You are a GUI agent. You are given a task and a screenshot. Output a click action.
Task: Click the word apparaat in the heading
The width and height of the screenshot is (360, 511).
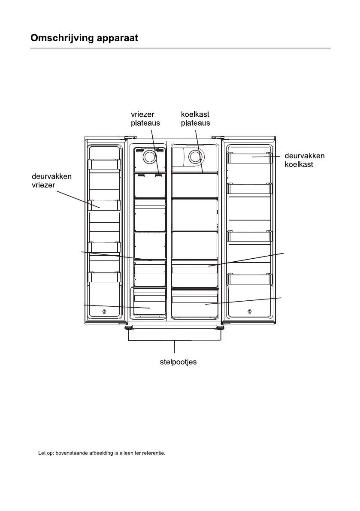point(116,38)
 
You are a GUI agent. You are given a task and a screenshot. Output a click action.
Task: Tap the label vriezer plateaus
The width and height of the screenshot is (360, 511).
point(145,118)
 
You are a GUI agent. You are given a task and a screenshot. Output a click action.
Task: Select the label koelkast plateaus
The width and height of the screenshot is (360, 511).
point(195,118)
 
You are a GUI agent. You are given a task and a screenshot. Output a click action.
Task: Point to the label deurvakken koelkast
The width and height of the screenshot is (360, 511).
point(305,160)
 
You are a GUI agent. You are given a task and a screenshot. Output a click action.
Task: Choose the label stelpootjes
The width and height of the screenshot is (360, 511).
point(175,362)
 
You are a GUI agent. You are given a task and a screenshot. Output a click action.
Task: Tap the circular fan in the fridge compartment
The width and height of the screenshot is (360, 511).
point(196,157)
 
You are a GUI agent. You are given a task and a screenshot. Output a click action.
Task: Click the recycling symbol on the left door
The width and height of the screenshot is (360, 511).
point(105,311)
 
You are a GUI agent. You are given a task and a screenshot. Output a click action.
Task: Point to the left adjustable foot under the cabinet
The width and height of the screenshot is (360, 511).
point(128,328)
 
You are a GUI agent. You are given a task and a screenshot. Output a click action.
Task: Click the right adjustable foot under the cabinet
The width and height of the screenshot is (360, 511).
point(221,328)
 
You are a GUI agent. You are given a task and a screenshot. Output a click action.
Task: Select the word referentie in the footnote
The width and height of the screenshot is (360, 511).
point(153,453)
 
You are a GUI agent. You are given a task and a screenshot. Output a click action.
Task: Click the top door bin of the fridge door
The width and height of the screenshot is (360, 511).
point(249,158)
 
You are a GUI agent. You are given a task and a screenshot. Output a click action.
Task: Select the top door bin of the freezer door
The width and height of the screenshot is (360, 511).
point(103,165)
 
